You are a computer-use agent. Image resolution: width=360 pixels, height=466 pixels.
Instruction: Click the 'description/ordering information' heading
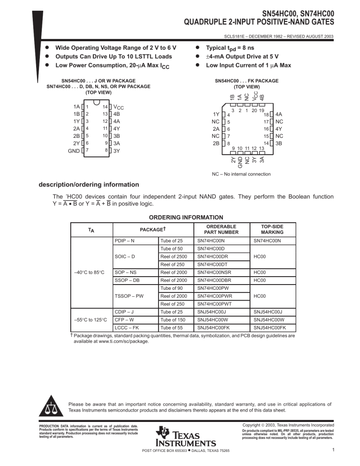[89, 184]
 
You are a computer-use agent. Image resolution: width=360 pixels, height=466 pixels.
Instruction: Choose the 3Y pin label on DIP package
[117, 151]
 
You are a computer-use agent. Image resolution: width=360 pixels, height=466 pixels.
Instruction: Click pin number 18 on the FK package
[266, 114]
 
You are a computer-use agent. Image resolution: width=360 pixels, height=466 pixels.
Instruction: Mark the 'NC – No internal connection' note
[241, 174]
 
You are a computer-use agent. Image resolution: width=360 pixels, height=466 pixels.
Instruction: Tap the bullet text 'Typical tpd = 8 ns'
[232, 48]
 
